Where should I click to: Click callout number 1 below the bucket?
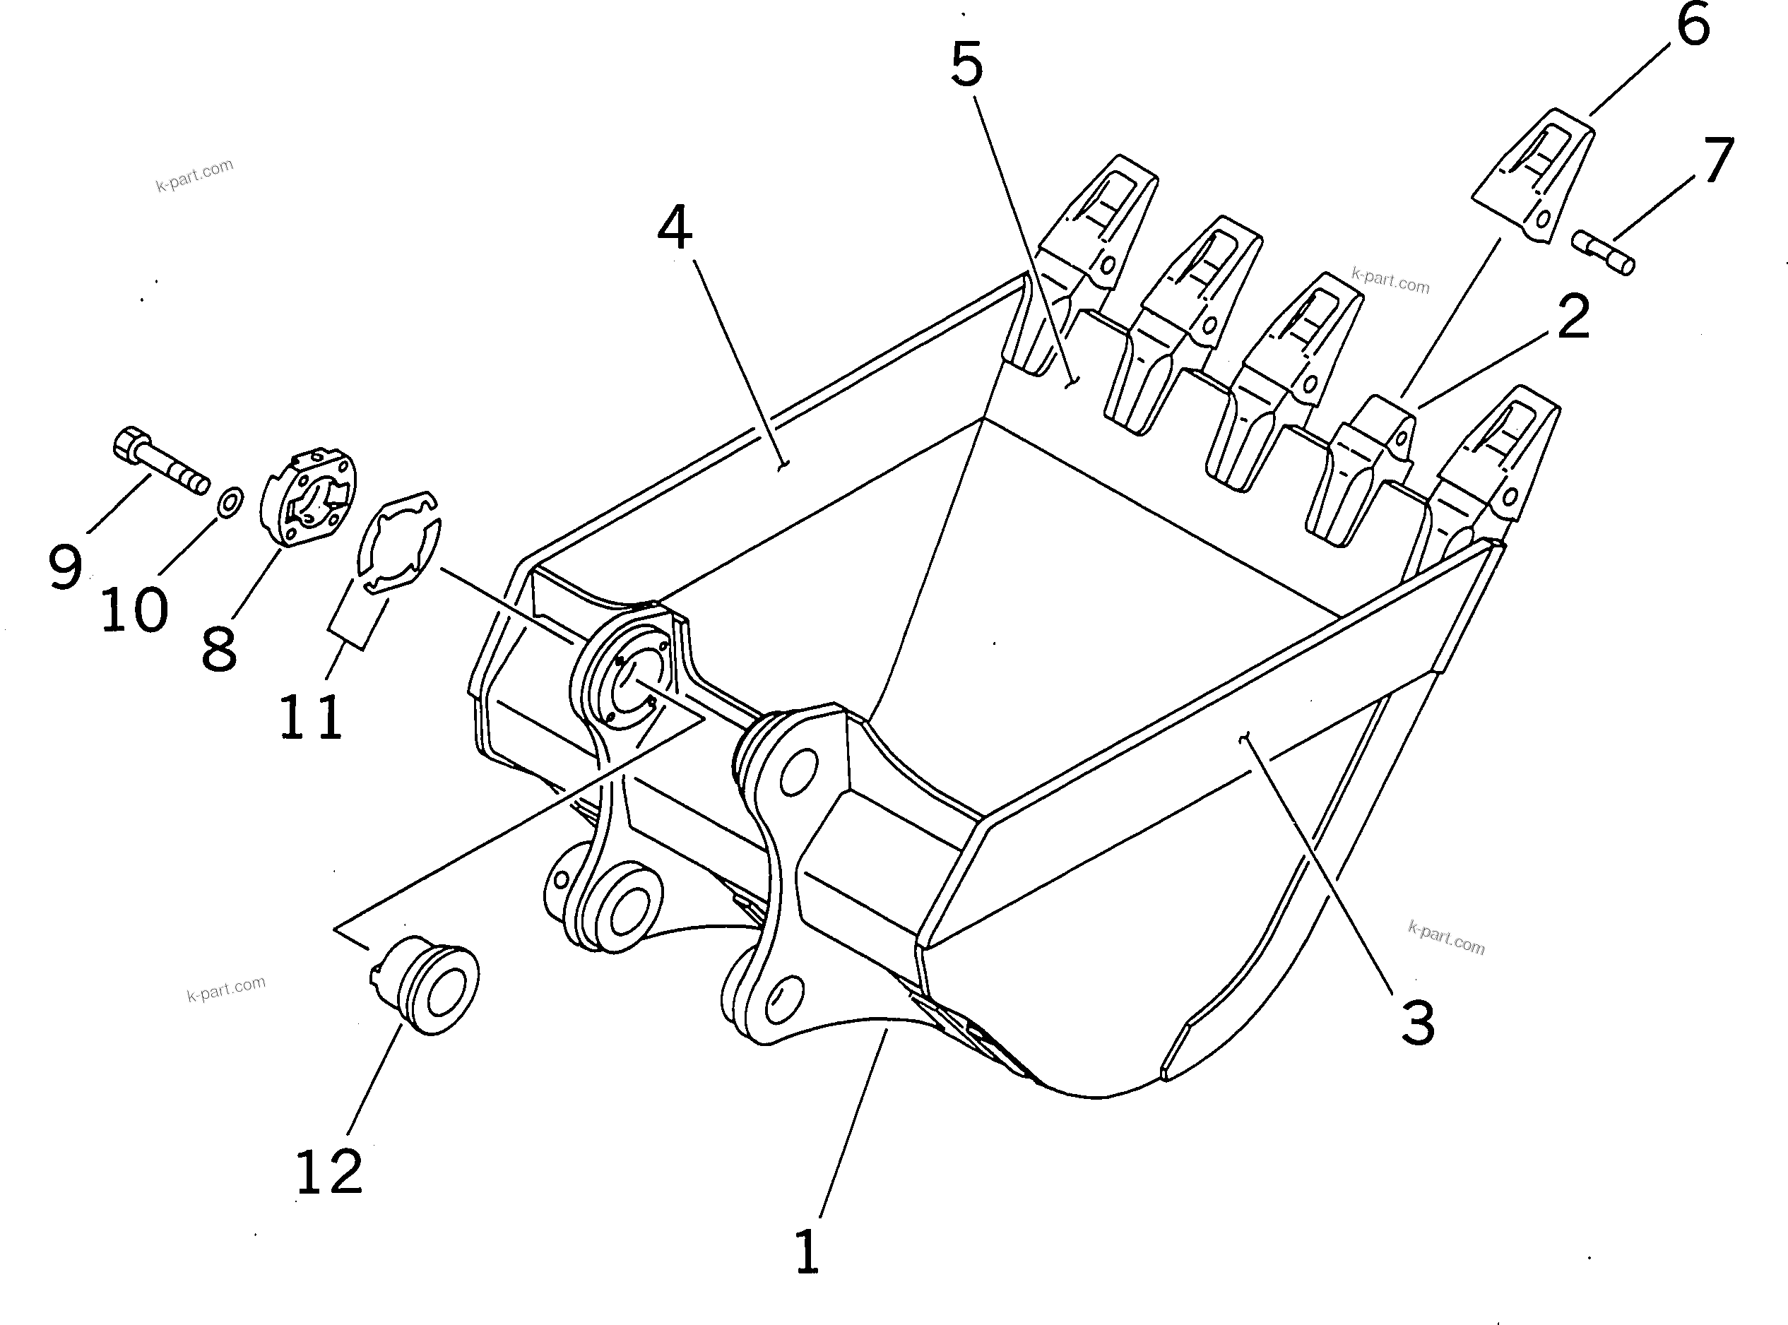click(x=807, y=1252)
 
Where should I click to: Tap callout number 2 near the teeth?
click(x=1573, y=318)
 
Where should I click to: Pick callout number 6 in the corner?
click(x=1693, y=25)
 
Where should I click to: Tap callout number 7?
click(x=1718, y=161)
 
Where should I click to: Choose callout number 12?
click(x=330, y=1172)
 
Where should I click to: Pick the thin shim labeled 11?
click(x=398, y=544)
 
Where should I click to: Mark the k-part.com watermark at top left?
click(x=195, y=176)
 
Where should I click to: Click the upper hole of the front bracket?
click(x=798, y=771)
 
